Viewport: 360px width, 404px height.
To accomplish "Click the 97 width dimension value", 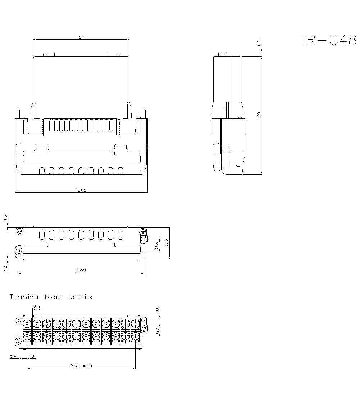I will point(81,37).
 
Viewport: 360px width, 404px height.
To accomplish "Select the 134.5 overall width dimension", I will point(81,190).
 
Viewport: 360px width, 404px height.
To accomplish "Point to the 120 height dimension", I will point(259,115).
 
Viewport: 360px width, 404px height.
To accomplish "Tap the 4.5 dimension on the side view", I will point(259,44).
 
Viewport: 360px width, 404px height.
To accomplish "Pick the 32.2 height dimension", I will point(167,243).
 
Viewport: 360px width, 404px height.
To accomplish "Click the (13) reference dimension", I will point(156,246).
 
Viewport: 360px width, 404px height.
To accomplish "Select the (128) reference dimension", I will point(81,270).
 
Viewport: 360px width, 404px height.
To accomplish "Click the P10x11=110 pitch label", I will point(81,365).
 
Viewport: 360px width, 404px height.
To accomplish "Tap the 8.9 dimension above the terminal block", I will point(37,307).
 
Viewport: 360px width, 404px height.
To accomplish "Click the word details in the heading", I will point(80,297).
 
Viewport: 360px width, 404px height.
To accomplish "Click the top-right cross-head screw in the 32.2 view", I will point(143,230).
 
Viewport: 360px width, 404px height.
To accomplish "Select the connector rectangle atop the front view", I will point(81,54).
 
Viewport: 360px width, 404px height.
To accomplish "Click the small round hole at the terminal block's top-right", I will point(143,320).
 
